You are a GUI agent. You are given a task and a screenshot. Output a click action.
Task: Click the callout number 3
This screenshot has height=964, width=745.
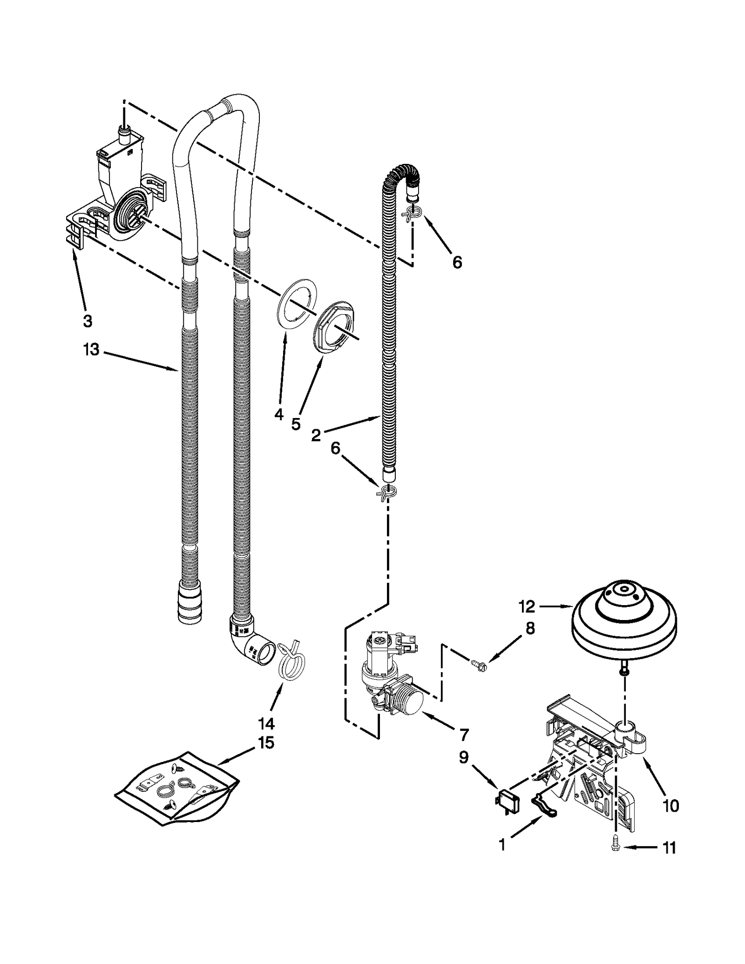(88, 321)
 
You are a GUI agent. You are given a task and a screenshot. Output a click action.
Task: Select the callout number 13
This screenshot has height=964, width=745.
(92, 349)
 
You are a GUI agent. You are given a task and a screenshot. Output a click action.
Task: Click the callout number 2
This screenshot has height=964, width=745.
(316, 436)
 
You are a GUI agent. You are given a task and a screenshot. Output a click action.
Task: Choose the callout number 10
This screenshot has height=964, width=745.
(670, 805)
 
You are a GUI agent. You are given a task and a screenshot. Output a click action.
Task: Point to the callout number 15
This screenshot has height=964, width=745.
(266, 743)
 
